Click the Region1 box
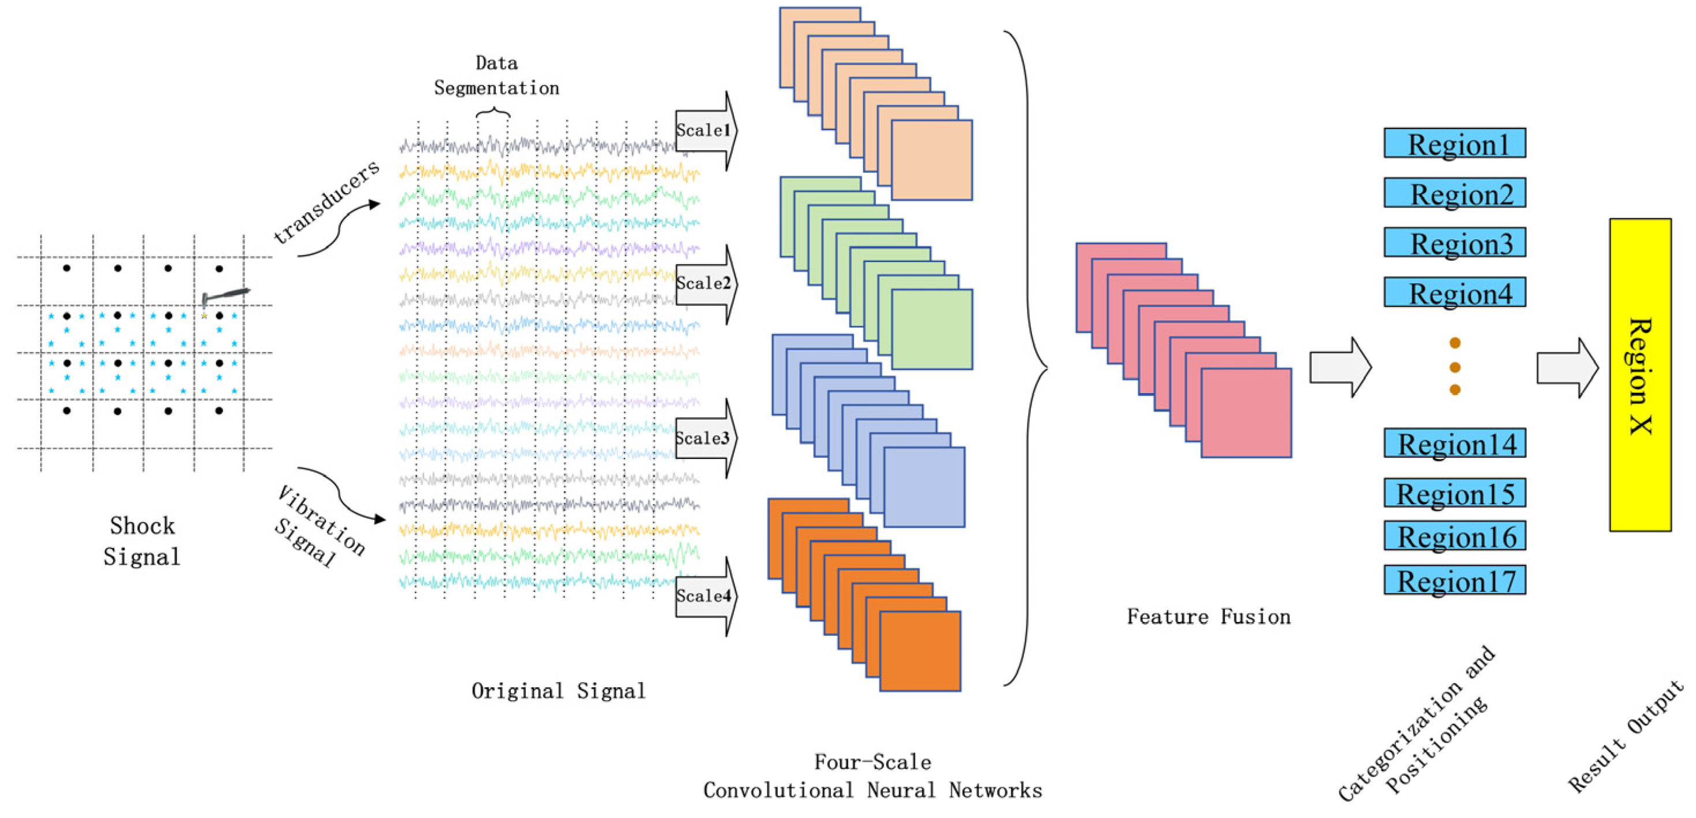point(1454,143)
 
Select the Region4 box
point(1454,293)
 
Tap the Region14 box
point(1454,443)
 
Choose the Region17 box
point(1454,580)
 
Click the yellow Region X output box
point(1639,375)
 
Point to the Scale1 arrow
point(705,131)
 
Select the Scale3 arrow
point(705,438)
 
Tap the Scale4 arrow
point(705,596)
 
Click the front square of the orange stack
point(920,652)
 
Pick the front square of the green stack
point(931,330)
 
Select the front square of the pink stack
point(1246,413)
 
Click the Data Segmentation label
point(496,76)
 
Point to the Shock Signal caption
point(142,541)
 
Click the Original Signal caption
point(558,691)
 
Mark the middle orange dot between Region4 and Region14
point(1455,367)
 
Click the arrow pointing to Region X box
point(1567,368)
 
